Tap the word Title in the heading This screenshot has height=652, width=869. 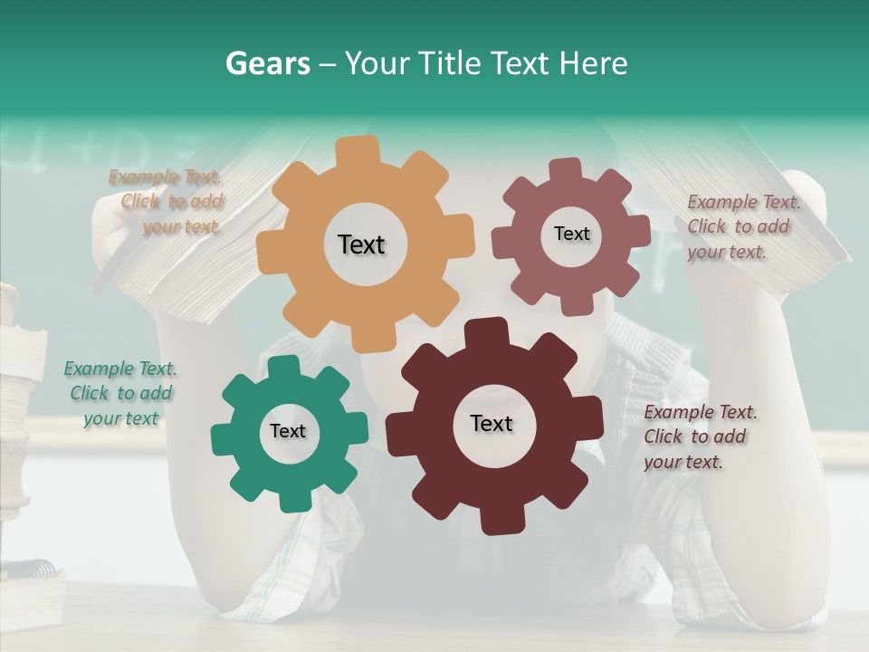click(448, 63)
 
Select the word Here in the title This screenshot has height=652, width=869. click(593, 63)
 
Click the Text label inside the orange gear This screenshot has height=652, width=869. click(361, 244)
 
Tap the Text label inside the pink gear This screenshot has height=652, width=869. click(571, 234)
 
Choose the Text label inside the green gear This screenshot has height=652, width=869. click(288, 431)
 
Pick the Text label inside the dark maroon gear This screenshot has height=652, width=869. click(492, 423)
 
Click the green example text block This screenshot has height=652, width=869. click(120, 393)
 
